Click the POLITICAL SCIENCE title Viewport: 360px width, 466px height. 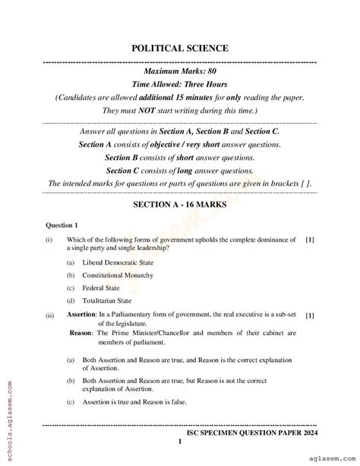pos(179,48)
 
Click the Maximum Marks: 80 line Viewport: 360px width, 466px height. pos(179,71)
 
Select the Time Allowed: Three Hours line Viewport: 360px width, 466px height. pos(179,84)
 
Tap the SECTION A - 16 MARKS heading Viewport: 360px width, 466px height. pos(179,204)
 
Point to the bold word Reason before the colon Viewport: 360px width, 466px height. pos(81,333)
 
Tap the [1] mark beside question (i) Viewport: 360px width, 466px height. pos(309,239)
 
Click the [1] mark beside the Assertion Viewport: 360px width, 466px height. pos(309,315)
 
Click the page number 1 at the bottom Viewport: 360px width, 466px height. pos(179,442)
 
